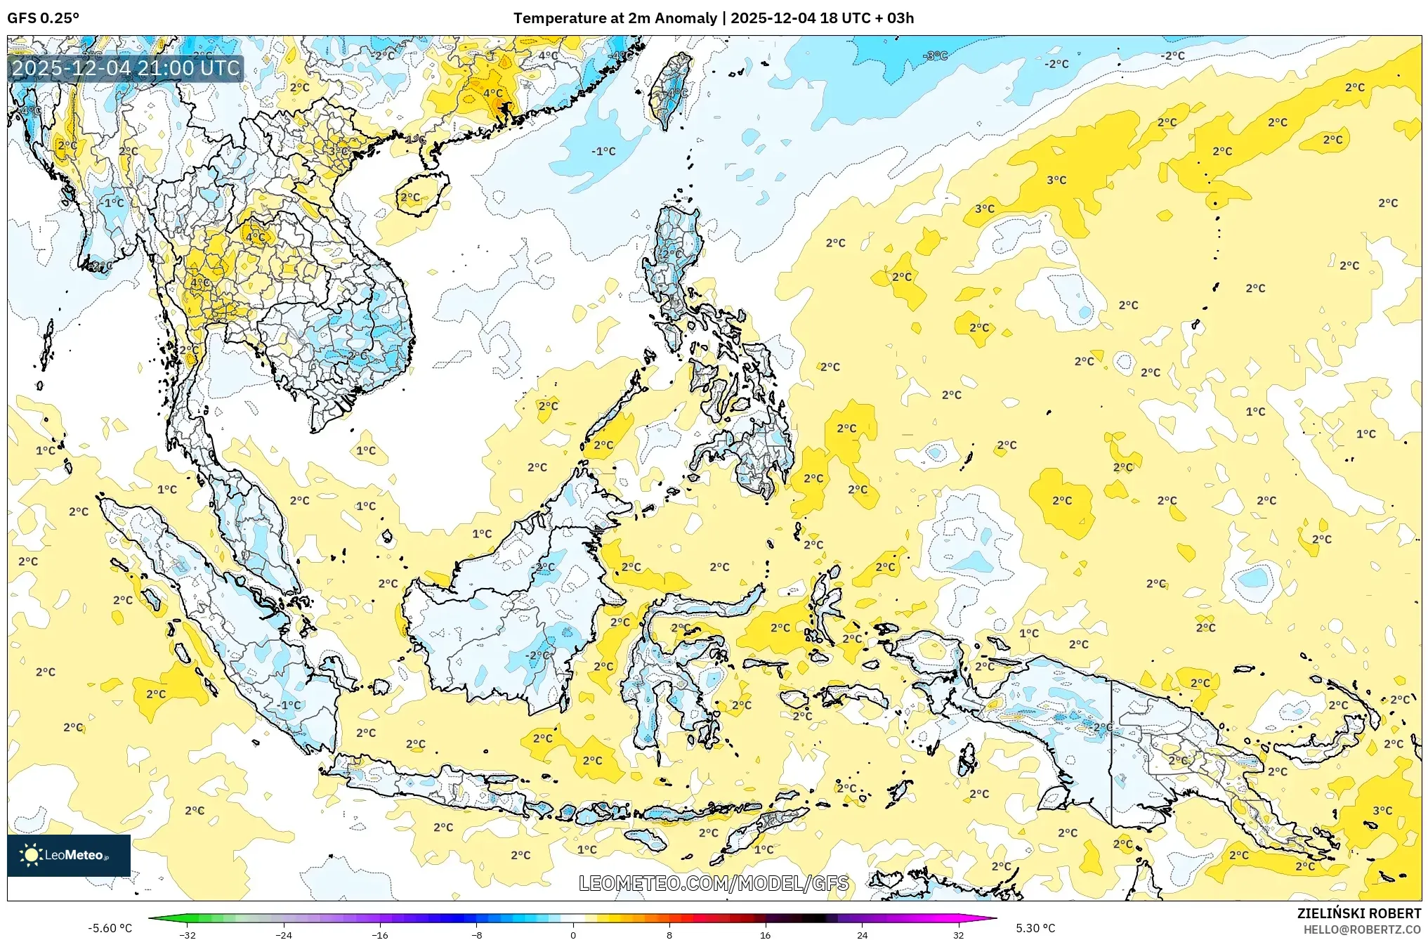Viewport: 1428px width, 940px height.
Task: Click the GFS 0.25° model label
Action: [x=43, y=18]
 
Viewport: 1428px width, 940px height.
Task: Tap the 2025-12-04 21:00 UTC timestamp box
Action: [x=126, y=68]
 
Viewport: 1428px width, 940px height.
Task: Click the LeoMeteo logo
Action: [x=68, y=855]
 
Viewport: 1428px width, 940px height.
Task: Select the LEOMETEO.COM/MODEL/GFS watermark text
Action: [x=713, y=883]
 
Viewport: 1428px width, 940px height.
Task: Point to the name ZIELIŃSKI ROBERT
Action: [x=1358, y=913]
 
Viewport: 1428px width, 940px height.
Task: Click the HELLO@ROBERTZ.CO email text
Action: [x=1361, y=929]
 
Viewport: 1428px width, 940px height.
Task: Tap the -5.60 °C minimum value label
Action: [x=110, y=928]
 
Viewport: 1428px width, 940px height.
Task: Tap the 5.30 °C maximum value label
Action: [x=1035, y=928]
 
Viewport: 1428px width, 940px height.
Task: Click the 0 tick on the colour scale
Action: [x=573, y=934]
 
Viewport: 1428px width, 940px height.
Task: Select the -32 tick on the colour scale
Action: [x=188, y=934]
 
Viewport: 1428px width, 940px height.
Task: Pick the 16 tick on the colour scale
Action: [x=766, y=934]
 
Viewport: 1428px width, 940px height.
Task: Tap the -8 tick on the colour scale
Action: [x=476, y=934]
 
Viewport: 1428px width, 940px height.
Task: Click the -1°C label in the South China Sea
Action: [x=603, y=151]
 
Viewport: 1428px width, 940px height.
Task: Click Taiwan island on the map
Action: [x=669, y=91]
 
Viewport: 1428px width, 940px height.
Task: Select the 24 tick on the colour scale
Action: [x=862, y=934]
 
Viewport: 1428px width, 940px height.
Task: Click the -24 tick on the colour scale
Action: [x=284, y=934]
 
